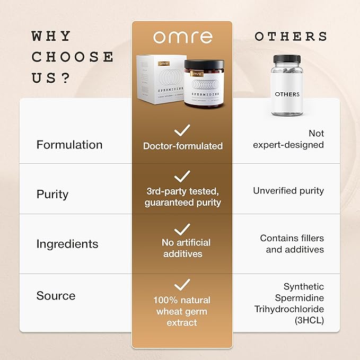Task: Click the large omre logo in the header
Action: click(x=182, y=37)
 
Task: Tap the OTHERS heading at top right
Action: click(x=291, y=37)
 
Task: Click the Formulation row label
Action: click(x=69, y=145)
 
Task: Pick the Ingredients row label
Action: click(x=67, y=244)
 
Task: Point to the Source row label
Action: click(x=56, y=296)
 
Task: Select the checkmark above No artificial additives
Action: click(x=182, y=229)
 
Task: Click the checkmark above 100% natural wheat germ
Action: click(x=182, y=285)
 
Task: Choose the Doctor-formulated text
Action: click(x=182, y=146)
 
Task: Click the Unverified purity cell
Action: click(x=288, y=190)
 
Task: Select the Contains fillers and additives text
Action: click(x=292, y=244)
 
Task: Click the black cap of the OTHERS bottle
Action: click(x=287, y=58)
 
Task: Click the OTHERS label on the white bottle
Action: click(x=287, y=94)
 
